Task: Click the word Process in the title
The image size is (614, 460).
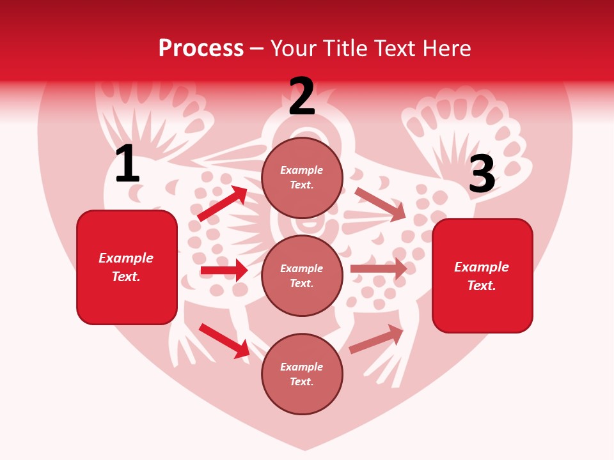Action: pyautogui.click(x=201, y=49)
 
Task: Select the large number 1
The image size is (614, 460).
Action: pyautogui.click(x=127, y=164)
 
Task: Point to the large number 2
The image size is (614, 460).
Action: pyautogui.click(x=302, y=96)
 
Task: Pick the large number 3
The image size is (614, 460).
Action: pyautogui.click(x=482, y=174)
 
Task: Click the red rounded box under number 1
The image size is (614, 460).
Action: pyautogui.click(x=127, y=267)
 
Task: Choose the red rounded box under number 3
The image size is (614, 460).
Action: pyautogui.click(x=482, y=276)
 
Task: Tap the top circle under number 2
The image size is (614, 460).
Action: pyautogui.click(x=302, y=178)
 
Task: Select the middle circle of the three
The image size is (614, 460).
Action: pyautogui.click(x=302, y=276)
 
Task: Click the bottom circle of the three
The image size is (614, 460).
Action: pyautogui.click(x=302, y=374)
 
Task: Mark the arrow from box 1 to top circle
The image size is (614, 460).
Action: pyautogui.click(x=223, y=203)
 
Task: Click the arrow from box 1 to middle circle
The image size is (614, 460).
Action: pyautogui.click(x=224, y=270)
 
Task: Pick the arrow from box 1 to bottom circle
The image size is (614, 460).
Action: pyautogui.click(x=224, y=341)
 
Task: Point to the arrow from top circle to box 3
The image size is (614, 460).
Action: pyautogui.click(x=381, y=204)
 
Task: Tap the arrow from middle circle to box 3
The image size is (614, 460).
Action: pyautogui.click(x=379, y=268)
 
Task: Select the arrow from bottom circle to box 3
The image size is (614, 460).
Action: pyautogui.click(x=377, y=339)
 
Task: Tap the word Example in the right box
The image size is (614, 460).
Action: pyautogui.click(x=482, y=267)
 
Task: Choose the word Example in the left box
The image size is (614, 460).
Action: pyautogui.click(x=126, y=258)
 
